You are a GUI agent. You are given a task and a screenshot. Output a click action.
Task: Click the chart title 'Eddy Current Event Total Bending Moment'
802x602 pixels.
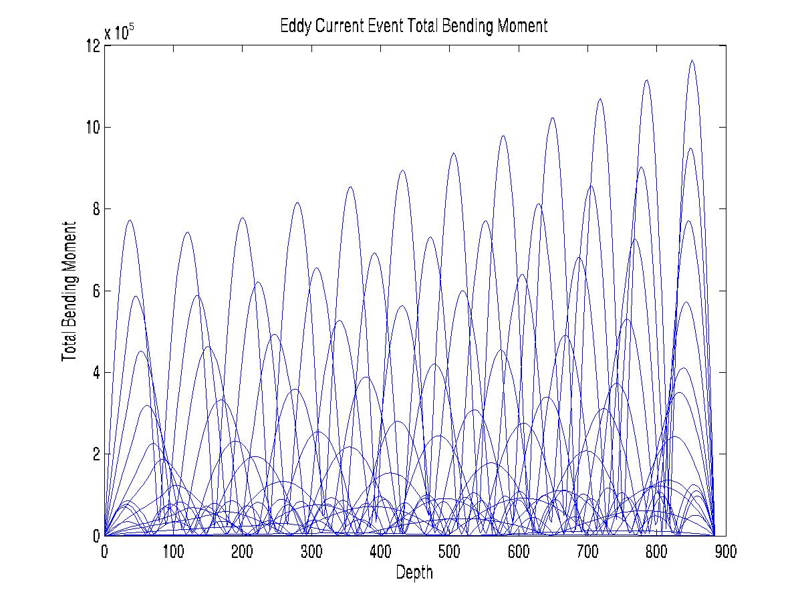click(414, 26)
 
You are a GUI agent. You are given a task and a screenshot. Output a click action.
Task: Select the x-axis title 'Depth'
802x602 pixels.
click(414, 573)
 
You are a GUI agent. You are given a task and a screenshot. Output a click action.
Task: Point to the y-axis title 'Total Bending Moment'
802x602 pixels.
click(68, 292)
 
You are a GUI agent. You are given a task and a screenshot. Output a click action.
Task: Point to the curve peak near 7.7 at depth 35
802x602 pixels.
click(130, 220)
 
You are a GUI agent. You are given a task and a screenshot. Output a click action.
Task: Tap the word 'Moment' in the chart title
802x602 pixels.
click(523, 26)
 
